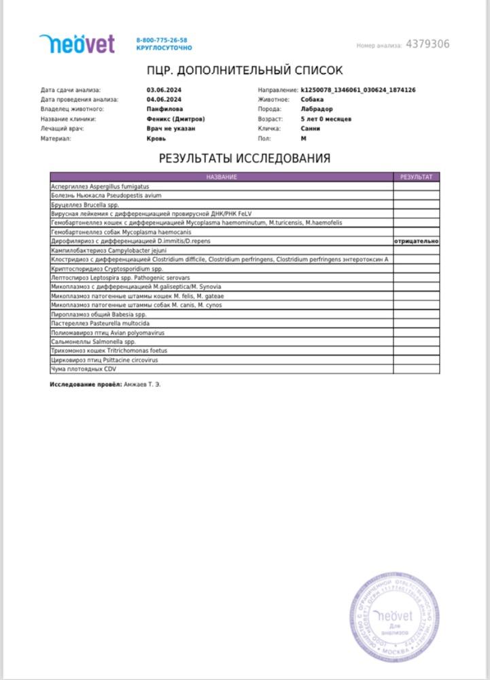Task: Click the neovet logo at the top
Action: click(x=77, y=44)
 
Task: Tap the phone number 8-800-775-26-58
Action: click(x=162, y=41)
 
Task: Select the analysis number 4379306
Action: click(x=427, y=44)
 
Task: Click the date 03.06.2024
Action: click(x=161, y=90)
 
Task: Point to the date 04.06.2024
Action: click(x=161, y=99)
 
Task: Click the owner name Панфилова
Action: click(x=164, y=109)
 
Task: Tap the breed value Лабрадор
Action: click(x=317, y=109)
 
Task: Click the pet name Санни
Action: click(x=311, y=129)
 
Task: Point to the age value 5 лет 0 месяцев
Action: click(x=326, y=119)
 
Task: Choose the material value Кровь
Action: click(x=156, y=138)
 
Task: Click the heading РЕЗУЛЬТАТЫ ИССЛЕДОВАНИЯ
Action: click(x=245, y=158)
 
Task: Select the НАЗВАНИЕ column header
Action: click(x=222, y=177)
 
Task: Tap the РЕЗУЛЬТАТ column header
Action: click(x=416, y=177)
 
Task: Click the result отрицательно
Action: click(x=416, y=241)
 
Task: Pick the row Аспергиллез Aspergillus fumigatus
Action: click(x=100, y=186)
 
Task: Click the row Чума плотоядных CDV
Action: click(x=83, y=369)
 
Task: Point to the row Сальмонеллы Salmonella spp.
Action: click(x=94, y=341)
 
